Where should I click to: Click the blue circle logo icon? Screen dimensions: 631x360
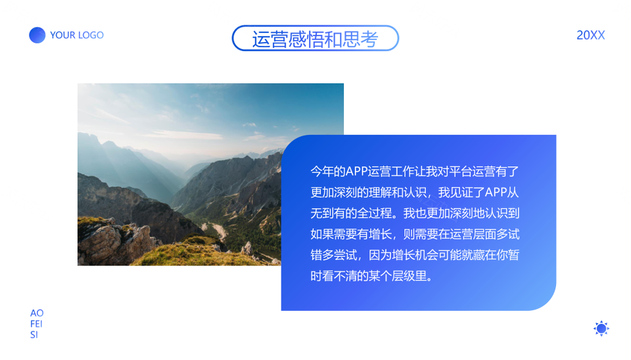[37, 35]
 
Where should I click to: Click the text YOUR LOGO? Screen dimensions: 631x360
[77, 35]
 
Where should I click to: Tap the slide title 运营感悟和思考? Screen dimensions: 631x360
[315, 39]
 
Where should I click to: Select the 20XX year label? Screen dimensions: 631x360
[590, 35]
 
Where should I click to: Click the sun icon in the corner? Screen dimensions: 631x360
[601, 328]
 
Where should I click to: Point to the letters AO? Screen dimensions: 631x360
[37, 313]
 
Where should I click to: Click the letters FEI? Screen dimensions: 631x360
[36, 324]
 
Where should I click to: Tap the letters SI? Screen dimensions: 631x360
[34, 334]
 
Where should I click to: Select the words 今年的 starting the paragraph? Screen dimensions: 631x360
[327, 171]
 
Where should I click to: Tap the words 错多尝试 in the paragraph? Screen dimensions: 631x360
[334, 255]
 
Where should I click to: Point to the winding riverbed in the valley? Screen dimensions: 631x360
[218, 231]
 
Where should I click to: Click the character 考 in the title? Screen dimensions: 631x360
[369, 39]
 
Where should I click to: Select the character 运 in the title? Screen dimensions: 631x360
[261, 39]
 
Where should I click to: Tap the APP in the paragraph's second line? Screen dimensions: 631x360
[496, 192]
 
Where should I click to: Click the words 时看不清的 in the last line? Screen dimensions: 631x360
[339, 276]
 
